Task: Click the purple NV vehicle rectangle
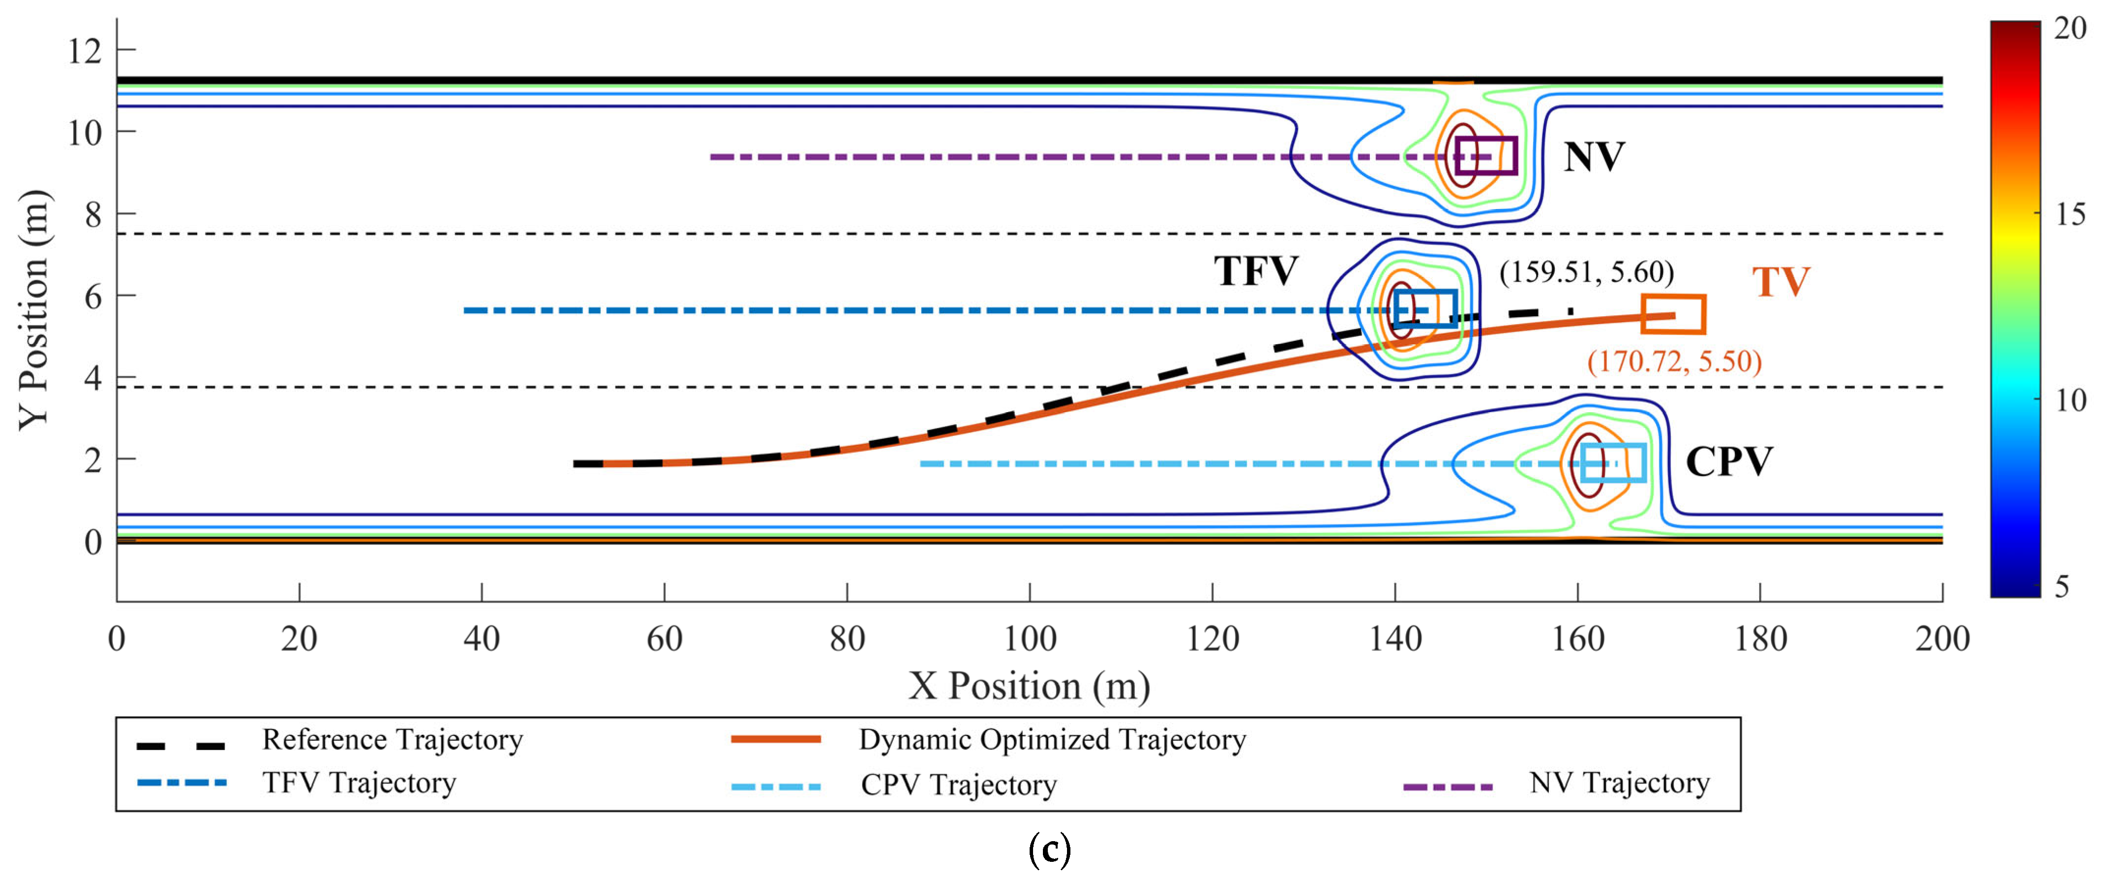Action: [x=1486, y=156]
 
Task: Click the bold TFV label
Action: [x=1256, y=271]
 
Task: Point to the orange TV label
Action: [x=1780, y=282]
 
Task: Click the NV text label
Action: [x=1594, y=157]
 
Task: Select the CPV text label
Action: [x=1729, y=462]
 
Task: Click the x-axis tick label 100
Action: [x=1030, y=639]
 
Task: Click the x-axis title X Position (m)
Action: [x=1030, y=686]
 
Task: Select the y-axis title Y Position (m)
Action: [x=34, y=310]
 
